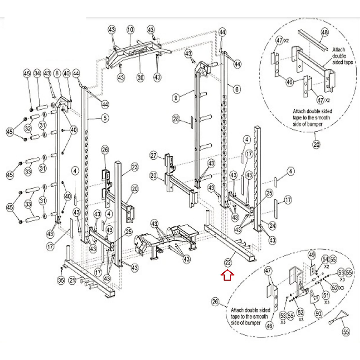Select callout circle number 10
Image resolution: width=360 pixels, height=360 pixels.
tap(130, 30)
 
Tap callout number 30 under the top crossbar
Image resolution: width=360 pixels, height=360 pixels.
tap(140, 77)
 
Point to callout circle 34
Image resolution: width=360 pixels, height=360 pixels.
tap(37, 73)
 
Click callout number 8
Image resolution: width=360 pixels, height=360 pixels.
tap(57, 73)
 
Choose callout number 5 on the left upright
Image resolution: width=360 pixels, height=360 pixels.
tap(105, 118)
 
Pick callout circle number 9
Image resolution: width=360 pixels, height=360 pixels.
tap(176, 97)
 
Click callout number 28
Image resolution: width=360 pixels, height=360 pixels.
tap(176, 119)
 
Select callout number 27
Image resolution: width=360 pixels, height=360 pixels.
tap(154, 155)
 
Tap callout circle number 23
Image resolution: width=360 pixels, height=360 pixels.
tap(135, 167)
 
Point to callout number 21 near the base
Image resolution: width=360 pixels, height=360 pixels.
tap(72, 280)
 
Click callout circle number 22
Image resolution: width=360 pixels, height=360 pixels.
tap(228, 262)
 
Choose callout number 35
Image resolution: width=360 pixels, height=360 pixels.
tap(61, 280)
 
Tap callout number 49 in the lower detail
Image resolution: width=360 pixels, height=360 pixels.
tap(312, 255)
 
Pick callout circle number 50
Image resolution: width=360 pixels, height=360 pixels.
tap(318, 314)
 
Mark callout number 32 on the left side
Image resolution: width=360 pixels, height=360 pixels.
tap(28, 128)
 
